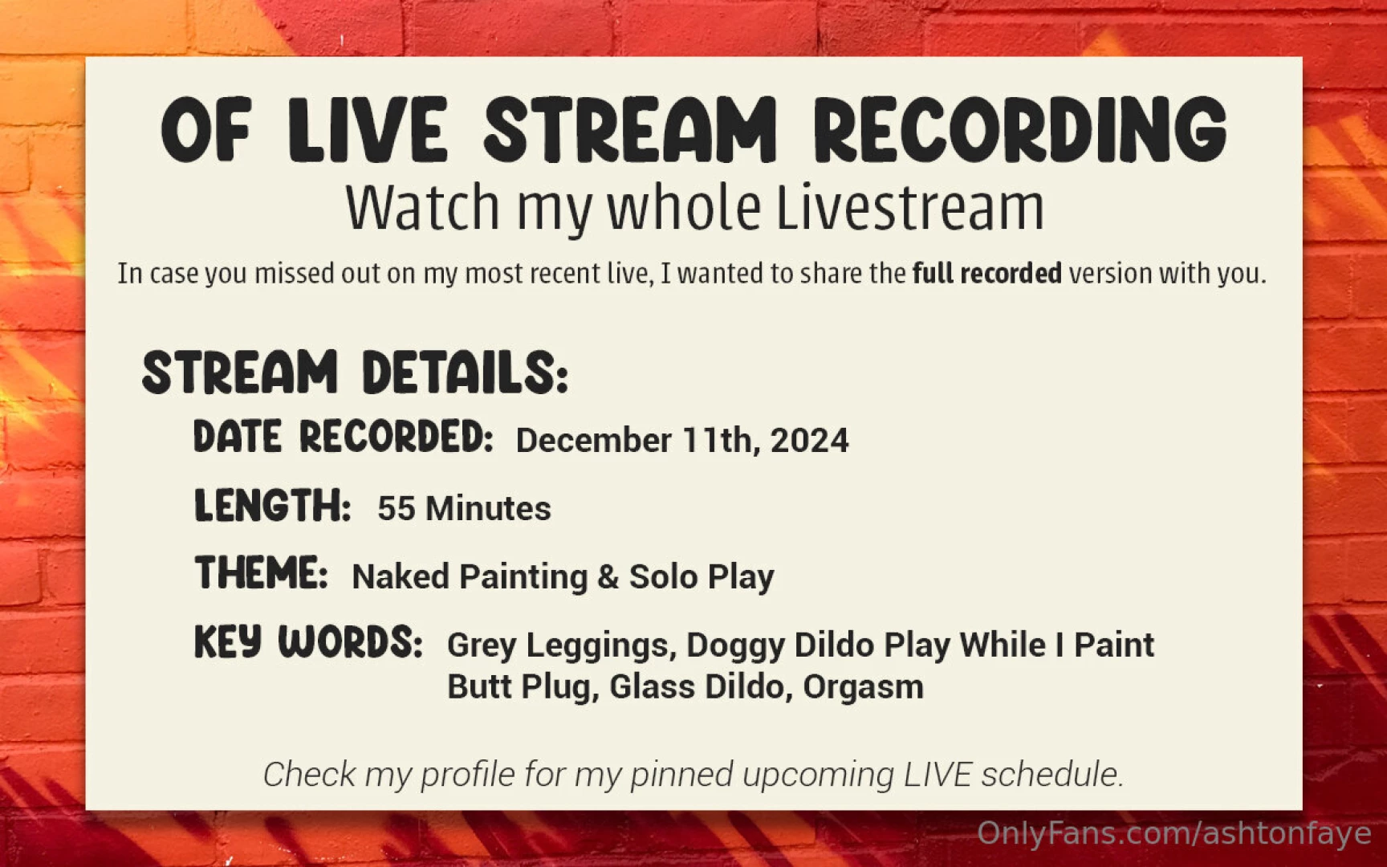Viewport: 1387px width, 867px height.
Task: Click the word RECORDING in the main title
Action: coord(1020,130)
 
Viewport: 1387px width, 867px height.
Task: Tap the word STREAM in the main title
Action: coord(630,130)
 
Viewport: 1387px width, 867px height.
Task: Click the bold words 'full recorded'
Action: coord(986,274)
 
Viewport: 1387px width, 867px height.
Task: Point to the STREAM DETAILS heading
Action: coord(355,372)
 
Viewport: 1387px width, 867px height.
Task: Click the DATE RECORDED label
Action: coord(343,438)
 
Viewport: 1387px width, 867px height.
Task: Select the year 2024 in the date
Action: coord(809,441)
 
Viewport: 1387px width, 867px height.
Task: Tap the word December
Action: coord(593,441)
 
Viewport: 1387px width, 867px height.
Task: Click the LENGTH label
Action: coord(272,507)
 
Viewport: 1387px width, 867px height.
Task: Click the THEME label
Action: coord(261,574)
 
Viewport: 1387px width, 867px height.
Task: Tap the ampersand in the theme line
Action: coord(608,577)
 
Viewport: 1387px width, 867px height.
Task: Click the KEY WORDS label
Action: coord(308,642)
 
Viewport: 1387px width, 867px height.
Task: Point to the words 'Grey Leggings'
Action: coord(558,645)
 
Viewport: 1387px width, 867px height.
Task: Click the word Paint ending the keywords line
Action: coord(1113,645)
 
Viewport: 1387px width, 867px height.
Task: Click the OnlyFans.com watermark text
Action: coord(1173,834)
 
